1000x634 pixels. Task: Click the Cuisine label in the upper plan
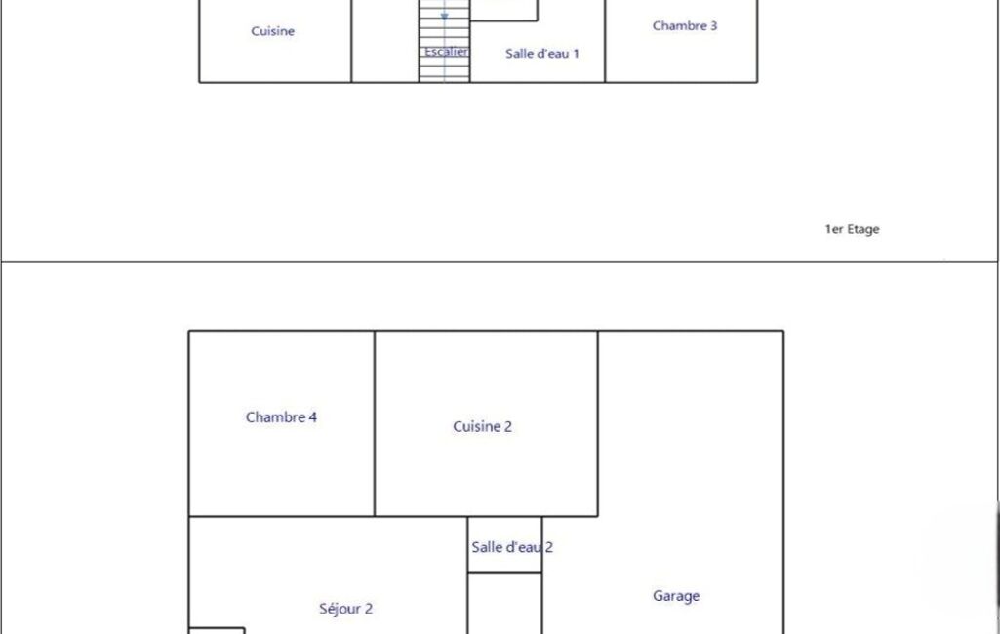(272, 31)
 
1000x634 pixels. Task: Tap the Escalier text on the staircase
(447, 52)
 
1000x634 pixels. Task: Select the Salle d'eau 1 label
(542, 54)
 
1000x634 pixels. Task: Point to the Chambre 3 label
(684, 26)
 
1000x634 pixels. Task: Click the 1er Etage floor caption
(852, 229)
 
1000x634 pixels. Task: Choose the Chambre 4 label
(281, 417)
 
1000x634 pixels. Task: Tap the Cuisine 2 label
(482, 426)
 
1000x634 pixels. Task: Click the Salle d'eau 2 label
(512, 547)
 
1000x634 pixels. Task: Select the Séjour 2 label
(345, 609)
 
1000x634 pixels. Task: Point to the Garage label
(676, 596)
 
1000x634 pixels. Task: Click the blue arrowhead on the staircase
(445, 17)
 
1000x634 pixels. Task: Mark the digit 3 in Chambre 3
(713, 26)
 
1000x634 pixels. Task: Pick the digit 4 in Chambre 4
(312, 417)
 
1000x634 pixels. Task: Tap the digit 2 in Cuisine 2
(507, 426)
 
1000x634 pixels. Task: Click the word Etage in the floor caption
(863, 230)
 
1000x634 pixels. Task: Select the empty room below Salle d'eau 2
(504, 604)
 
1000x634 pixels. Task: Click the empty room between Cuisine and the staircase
(385, 41)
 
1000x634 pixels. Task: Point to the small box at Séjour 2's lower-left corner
(217, 631)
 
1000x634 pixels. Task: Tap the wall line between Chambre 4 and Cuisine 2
(375, 423)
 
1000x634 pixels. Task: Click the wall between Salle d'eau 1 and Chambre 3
(605, 41)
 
